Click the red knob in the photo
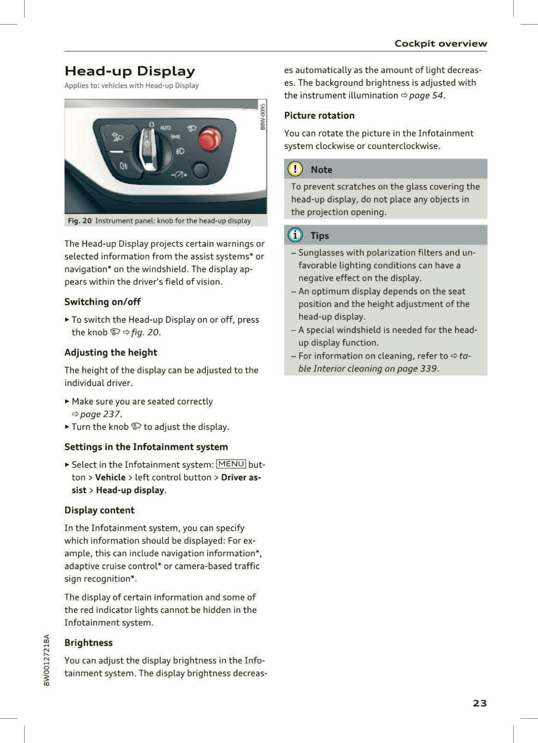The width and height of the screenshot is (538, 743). click(x=209, y=139)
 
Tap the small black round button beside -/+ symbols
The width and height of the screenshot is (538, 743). click(x=200, y=170)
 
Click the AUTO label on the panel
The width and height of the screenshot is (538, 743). click(x=165, y=127)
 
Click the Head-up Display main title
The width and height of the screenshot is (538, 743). click(x=130, y=71)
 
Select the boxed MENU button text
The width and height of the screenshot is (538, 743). click(x=231, y=464)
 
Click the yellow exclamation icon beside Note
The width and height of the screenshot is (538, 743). click(x=295, y=169)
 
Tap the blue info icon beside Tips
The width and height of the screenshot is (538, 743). click(x=295, y=235)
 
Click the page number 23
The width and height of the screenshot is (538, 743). click(x=479, y=703)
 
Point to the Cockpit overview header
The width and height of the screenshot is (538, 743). click(x=440, y=43)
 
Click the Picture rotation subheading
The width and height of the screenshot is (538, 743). click(x=319, y=115)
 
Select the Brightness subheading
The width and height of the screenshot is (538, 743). click(x=89, y=643)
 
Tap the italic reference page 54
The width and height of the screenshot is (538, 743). click(x=426, y=95)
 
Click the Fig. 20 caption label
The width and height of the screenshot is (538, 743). click(x=80, y=221)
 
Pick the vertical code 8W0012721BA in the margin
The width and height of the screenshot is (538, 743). click(x=47, y=660)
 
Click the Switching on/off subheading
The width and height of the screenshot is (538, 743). click(x=102, y=302)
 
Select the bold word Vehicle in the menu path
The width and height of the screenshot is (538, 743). click(x=110, y=477)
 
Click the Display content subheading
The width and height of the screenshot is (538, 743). click(x=99, y=510)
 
